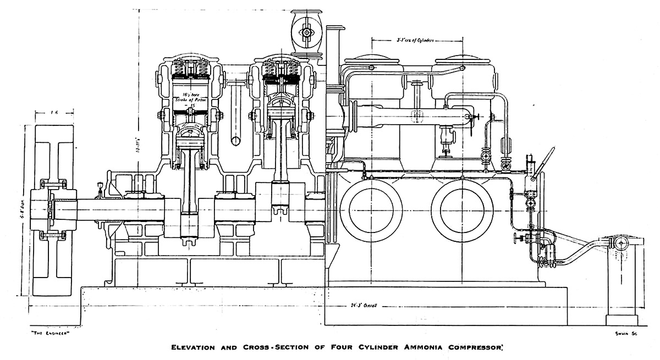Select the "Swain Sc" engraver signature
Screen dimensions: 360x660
point(625,332)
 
